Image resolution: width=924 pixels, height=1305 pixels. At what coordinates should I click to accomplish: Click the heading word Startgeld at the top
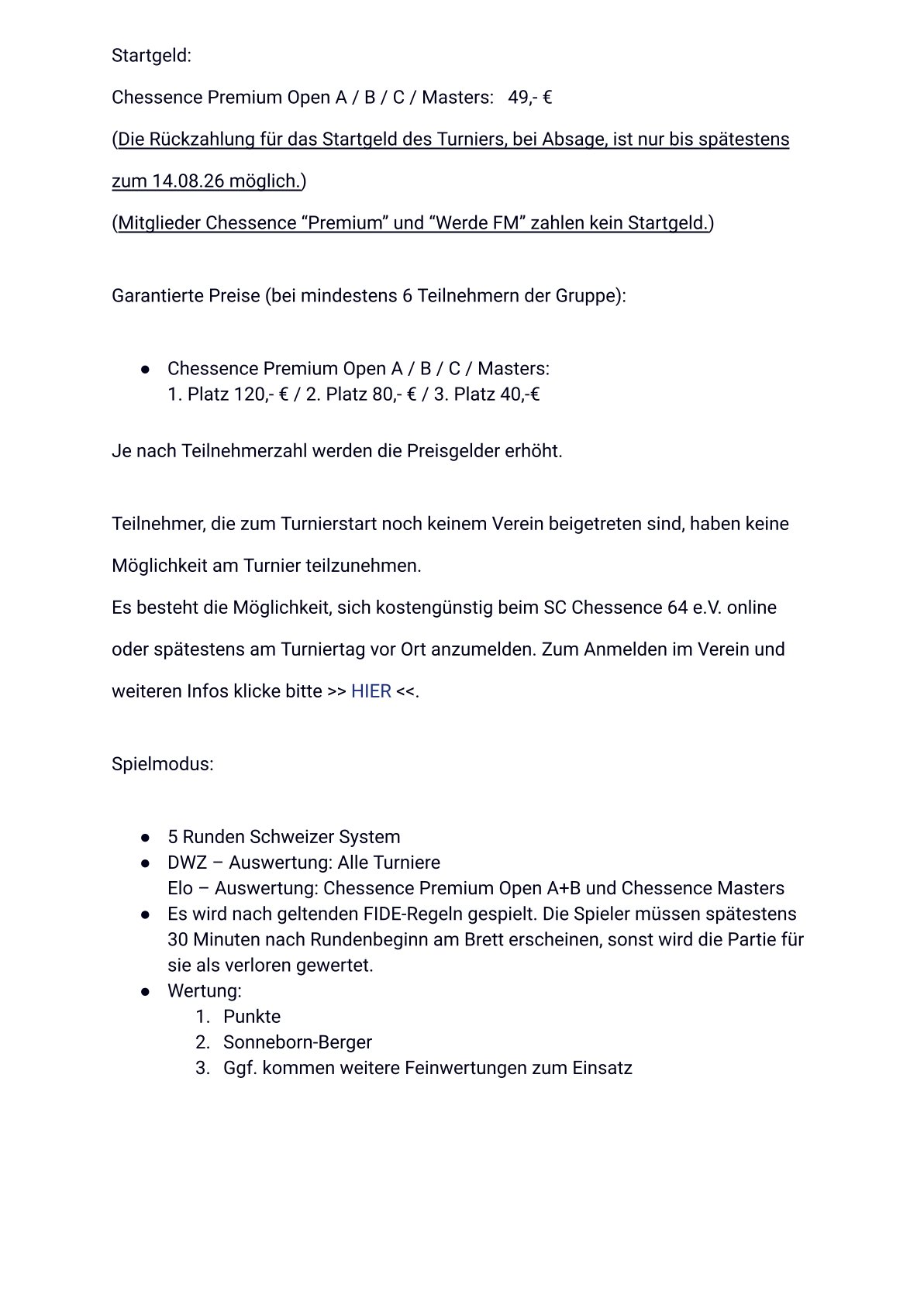click(x=151, y=56)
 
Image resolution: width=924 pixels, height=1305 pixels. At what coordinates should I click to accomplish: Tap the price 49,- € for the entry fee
click(x=529, y=98)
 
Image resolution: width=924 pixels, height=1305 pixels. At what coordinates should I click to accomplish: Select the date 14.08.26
click(x=188, y=181)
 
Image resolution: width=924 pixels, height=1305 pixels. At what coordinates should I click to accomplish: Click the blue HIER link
click(x=371, y=691)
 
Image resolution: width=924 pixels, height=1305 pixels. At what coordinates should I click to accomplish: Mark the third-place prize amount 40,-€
click(x=520, y=394)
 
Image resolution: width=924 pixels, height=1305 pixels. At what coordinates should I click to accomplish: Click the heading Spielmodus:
click(x=162, y=764)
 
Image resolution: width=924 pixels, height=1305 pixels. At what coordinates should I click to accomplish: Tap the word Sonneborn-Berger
click(x=298, y=1042)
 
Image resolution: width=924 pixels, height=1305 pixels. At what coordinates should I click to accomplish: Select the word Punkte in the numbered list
click(x=252, y=1017)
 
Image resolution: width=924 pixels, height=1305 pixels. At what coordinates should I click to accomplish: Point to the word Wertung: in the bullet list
click(x=205, y=991)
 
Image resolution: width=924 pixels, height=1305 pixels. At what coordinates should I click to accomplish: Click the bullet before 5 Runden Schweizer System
click(x=145, y=838)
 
